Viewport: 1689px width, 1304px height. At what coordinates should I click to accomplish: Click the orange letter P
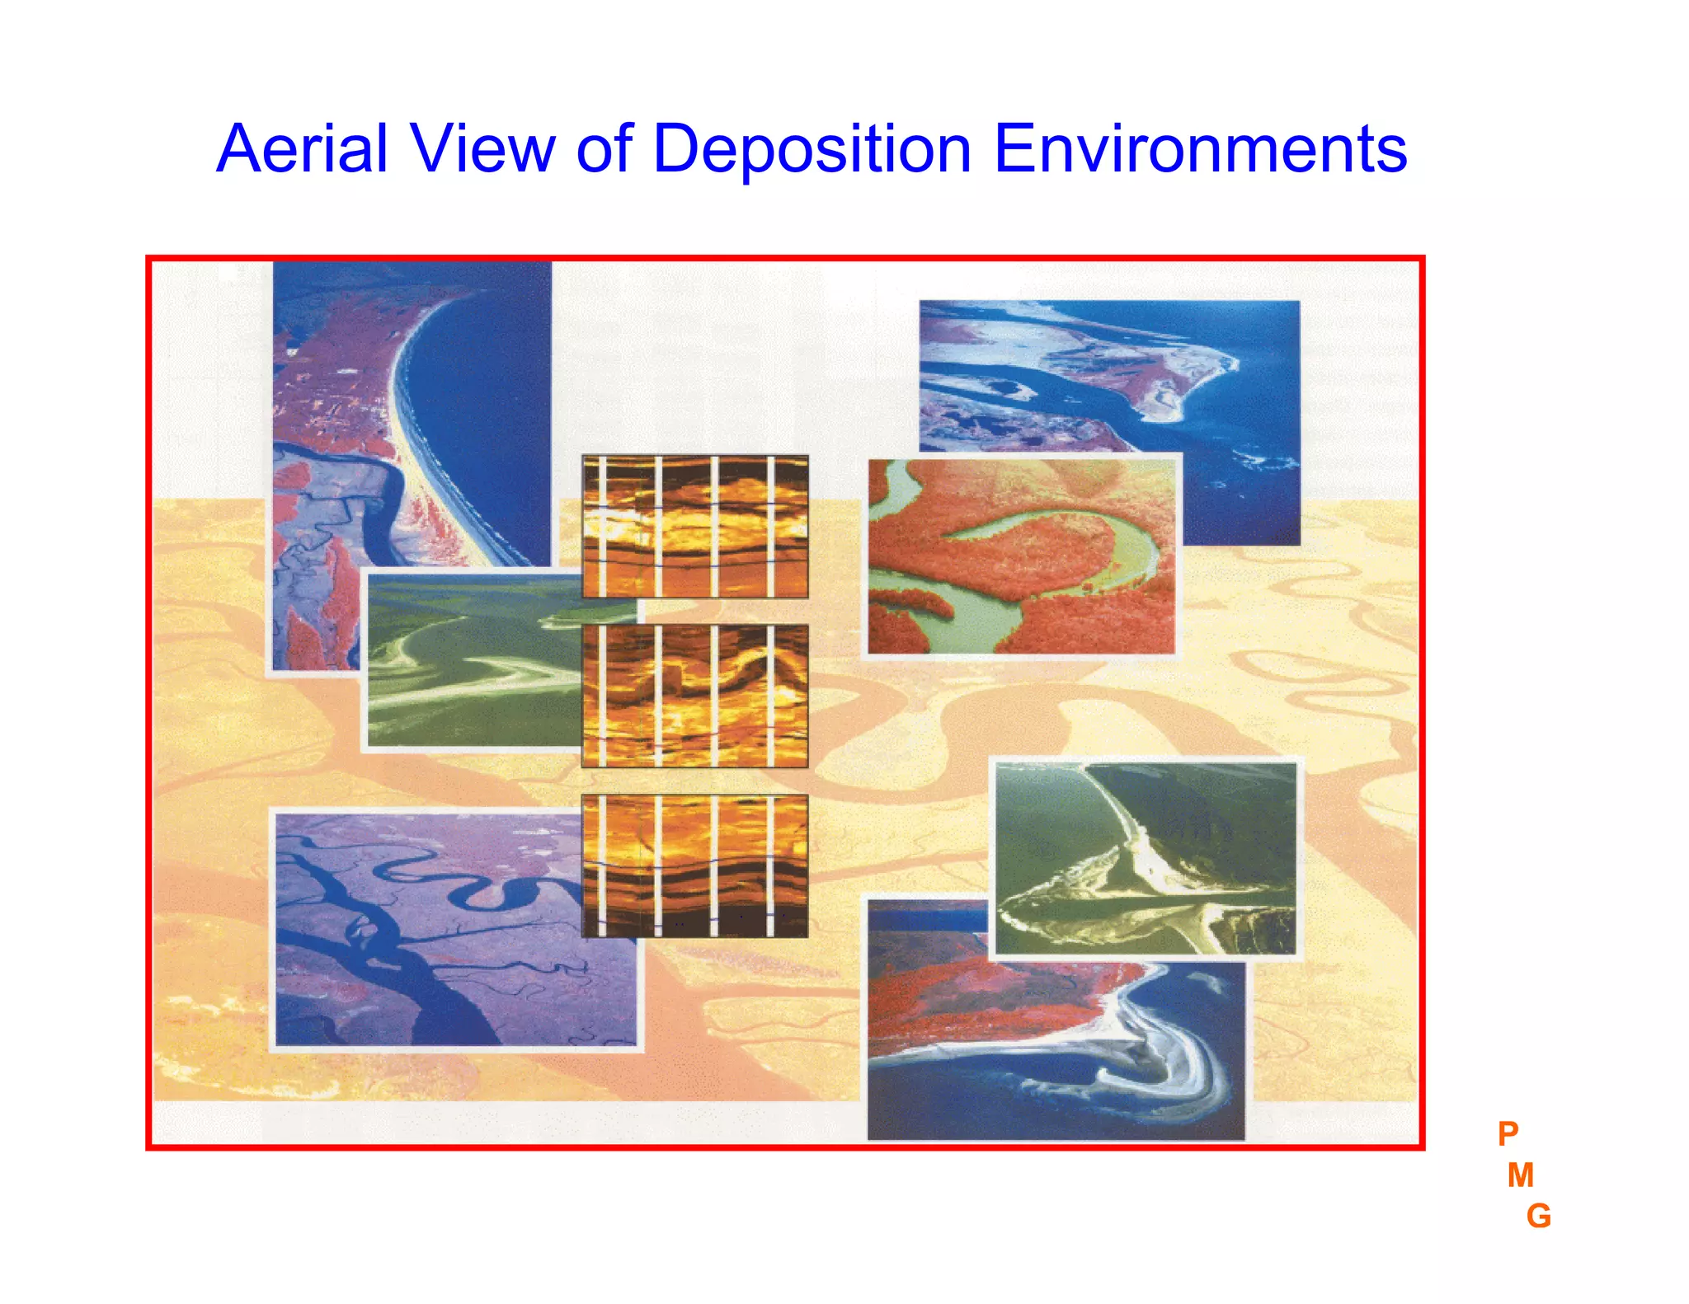[x=1508, y=1134]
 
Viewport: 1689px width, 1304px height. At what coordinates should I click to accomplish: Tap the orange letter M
[x=1520, y=1175]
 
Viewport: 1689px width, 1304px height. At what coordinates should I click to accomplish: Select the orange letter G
[x=1538, y=1217]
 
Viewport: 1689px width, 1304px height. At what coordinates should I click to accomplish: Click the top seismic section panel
[x=694, y=526]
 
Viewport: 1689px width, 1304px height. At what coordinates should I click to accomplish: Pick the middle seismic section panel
[x=694, y=696]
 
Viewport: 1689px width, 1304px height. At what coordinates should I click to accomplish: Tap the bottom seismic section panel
[x=694, y=865]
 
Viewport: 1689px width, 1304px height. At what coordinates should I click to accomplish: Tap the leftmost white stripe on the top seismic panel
[x=602, y=526]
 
